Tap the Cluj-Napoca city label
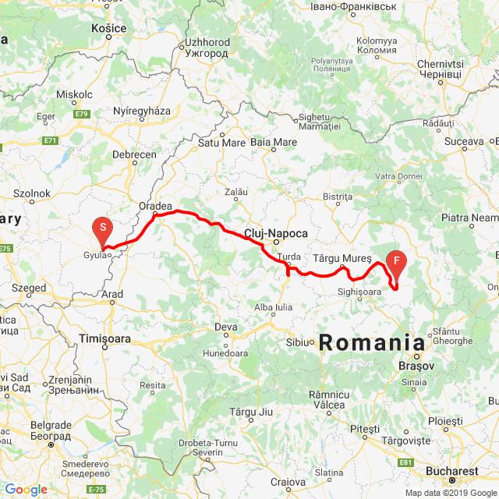275,233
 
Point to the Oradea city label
155,207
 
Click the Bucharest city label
452,471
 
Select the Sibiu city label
298,342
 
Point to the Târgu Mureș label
339,257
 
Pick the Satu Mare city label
221,143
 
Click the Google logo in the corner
26,490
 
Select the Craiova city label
288,482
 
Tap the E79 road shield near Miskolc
82,114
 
